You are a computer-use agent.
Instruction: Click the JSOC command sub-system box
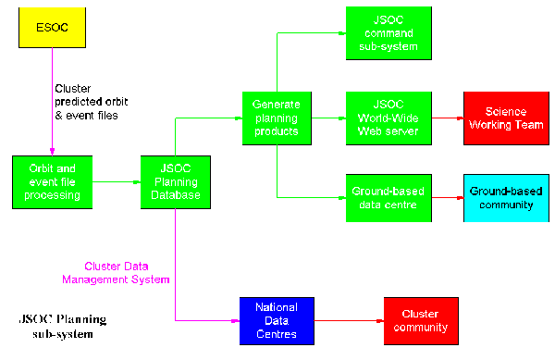click(x=382, y=32)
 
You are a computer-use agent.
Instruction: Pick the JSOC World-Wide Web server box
click(x=382, y=118)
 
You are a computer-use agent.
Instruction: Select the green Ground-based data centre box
click(x=382, y=197)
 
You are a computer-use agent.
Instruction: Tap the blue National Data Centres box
click(x=276, y=320)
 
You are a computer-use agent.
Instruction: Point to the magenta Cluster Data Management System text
click(x=117, y=271)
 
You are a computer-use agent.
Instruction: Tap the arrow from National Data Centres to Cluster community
click(x=348, y=321)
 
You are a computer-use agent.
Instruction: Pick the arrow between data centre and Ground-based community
click(x=441, y=198)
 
